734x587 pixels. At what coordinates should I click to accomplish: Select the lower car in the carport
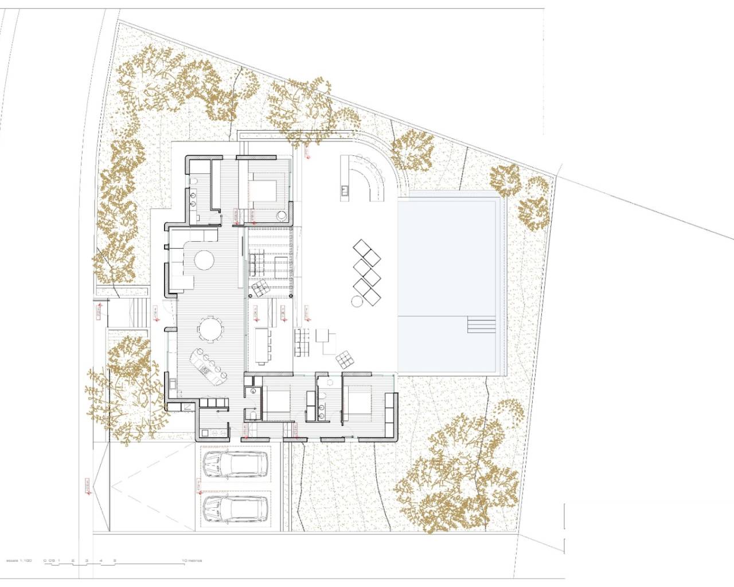coord(235,507)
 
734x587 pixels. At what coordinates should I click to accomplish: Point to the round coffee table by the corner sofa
coord(204,261)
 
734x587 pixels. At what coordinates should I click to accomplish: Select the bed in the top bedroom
coord(267,192)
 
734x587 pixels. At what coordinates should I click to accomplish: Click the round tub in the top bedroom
coord(282,217)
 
